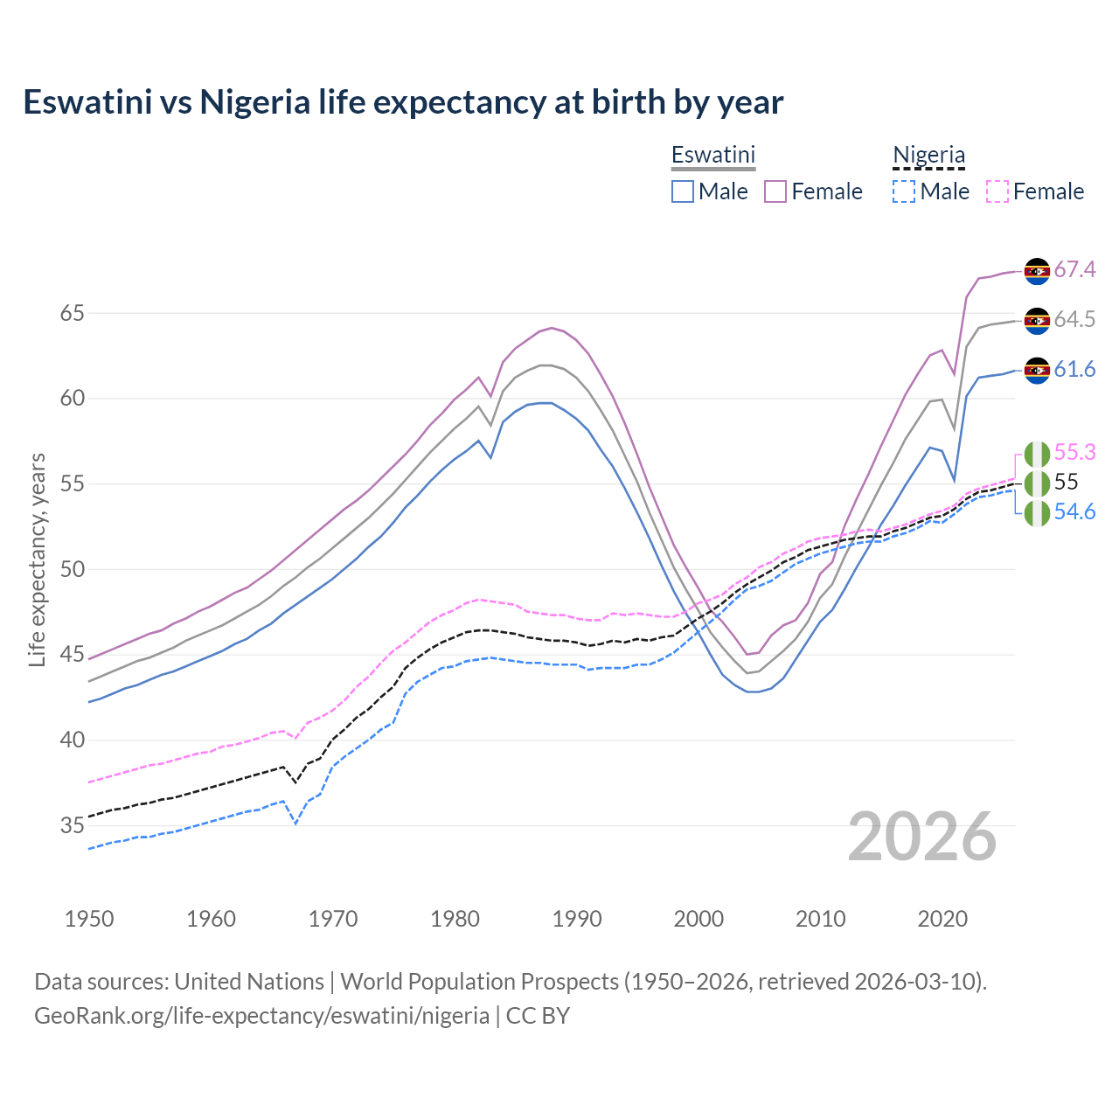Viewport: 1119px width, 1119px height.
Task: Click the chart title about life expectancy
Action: coord(403,102)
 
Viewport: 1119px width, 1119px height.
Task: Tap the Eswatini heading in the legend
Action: coord(712,155)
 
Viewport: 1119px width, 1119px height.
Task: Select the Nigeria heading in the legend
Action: coord(928,155)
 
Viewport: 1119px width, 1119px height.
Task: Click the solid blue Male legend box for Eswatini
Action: coord(683,191)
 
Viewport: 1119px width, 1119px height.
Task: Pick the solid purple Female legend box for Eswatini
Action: coord(775,191)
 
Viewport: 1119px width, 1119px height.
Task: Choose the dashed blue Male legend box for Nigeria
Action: coord(904,191)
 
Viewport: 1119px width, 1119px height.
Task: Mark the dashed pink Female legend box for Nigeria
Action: coord(997,191)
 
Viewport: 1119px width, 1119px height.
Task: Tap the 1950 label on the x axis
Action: coord(89,919)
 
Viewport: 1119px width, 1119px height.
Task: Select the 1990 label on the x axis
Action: coord(577,919)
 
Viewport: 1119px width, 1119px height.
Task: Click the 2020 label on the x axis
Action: coord(942,919)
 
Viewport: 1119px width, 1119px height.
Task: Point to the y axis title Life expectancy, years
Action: coord(37,559)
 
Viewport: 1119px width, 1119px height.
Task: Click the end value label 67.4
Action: coord(1074,269)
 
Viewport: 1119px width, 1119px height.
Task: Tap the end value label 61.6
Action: coord(1074,370)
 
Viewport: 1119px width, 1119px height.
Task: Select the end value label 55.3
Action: coord(1074,452)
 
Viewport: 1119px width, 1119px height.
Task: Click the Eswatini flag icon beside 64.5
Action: coord(1037,320)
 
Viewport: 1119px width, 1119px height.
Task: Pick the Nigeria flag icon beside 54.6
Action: coord(1037,513)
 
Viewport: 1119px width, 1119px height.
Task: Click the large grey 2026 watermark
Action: coord(922,837)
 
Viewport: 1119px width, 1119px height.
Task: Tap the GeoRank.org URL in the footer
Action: coord(261,1016)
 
